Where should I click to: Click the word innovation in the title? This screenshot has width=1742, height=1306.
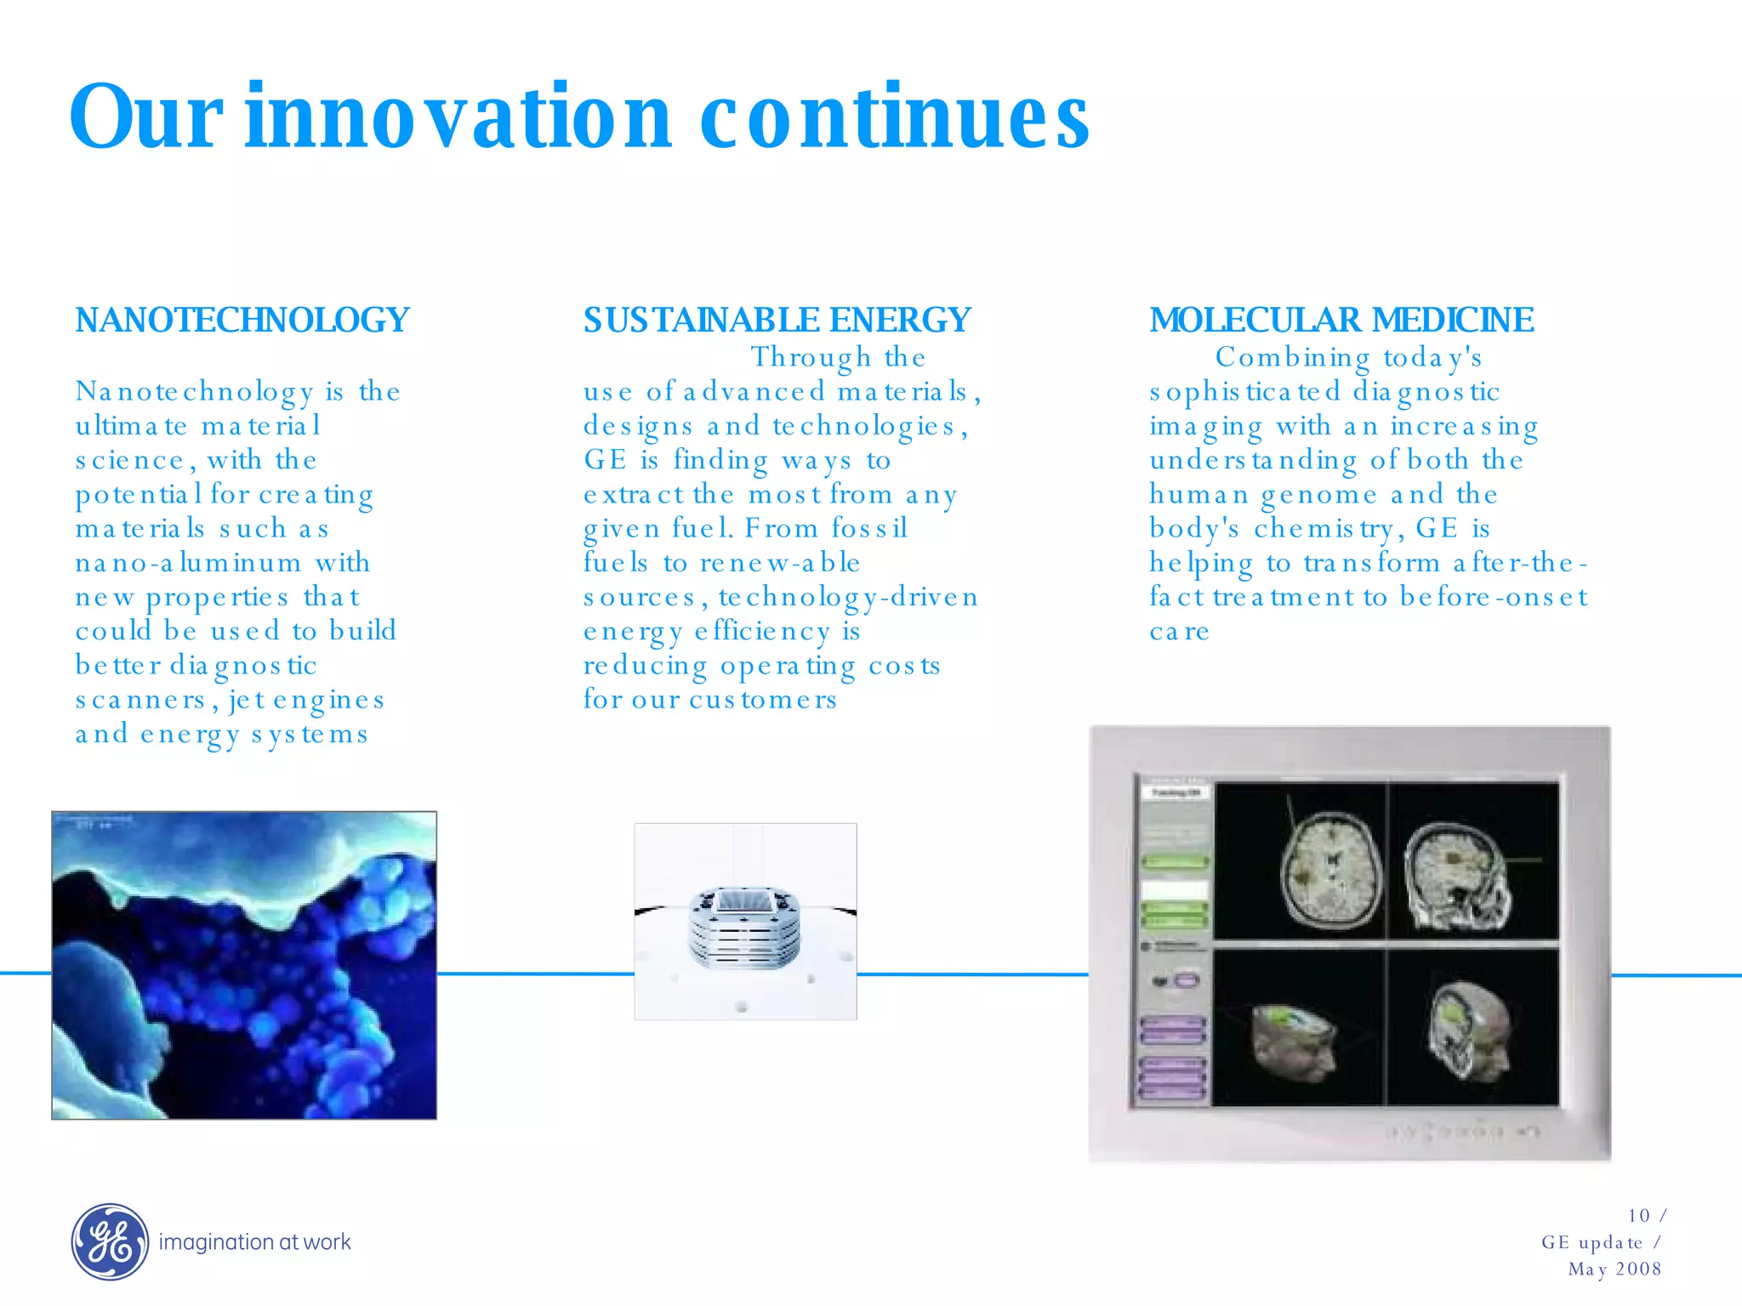click(x=459, y=117)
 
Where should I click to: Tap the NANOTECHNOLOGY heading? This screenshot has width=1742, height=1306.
click(x=242, y=321)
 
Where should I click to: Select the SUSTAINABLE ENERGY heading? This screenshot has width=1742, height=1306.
click(x=777, y=321)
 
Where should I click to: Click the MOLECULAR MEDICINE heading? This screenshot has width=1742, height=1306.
click(x=1341, y=321)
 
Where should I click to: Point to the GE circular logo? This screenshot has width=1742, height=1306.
click(x=110, y=1242)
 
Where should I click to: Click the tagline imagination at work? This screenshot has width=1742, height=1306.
click(x=254, y=1242)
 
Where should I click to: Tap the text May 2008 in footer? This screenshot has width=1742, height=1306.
click(x=1614, y=1269)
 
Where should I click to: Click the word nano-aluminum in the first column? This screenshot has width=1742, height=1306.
click(x=188, y=563)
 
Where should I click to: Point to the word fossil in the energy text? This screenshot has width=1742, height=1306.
click(x=869, y=529)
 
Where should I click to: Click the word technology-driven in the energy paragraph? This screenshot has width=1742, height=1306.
click(x=848, y=597)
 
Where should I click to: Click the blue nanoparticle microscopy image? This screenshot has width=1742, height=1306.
click(x=244, y=965)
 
